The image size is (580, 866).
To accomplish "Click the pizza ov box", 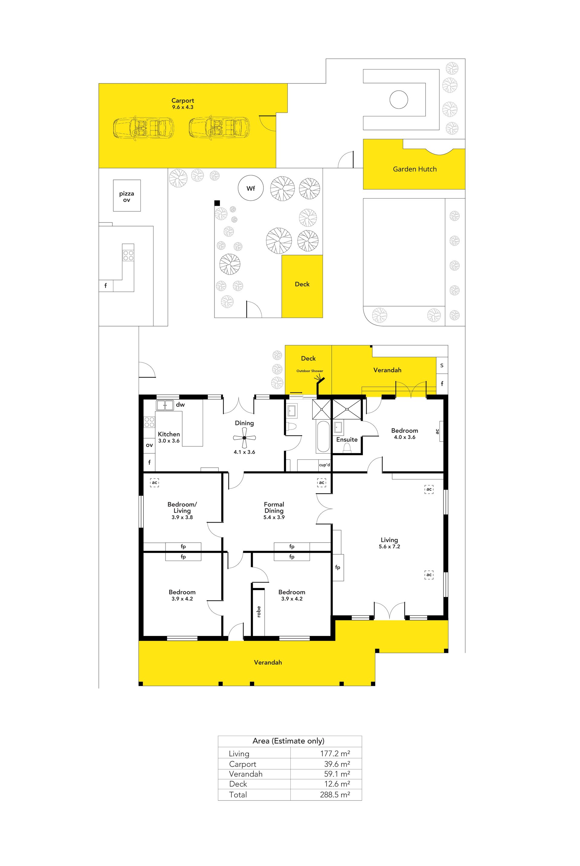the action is point(127,195).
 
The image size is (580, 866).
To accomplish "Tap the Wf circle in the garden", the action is point(251,188).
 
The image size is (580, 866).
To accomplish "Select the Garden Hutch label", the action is point(415,169).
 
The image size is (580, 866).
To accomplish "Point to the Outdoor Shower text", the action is point(310,371).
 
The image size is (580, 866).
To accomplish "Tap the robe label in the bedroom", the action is point(259,611).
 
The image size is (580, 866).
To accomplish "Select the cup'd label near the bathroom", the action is point(324,465).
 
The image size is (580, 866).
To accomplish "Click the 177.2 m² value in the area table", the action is point(335,753).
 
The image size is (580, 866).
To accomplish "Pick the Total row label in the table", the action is point(238,795).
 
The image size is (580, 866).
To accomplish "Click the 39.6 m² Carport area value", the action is point(337,764).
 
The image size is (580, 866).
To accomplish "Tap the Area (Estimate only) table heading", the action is point(288,741).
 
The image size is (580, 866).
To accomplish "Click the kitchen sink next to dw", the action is point(165,405).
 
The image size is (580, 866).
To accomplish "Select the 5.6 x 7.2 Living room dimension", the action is point(389,547).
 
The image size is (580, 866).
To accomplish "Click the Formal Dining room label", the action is point(274,508).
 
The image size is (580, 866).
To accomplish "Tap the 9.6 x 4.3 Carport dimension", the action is point(183,107).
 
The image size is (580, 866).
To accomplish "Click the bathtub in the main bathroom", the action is point(323,437).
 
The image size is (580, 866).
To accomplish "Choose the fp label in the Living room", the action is point(338,567).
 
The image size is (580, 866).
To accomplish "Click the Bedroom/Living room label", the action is point(182,508).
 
